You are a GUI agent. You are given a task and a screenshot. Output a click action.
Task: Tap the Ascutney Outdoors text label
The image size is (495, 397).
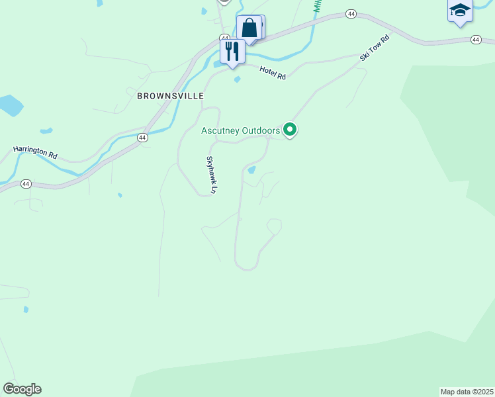[x=241, y=131]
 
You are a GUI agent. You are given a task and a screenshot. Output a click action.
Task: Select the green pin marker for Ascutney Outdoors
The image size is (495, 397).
[x=289, y=129]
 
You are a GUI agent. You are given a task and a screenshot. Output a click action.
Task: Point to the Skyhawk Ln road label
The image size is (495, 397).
[x=211, y=175]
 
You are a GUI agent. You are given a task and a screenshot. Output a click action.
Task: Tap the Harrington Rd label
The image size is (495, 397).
[x=34, y=152]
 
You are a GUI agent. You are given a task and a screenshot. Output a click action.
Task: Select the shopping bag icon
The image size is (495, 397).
[x=249, y=28]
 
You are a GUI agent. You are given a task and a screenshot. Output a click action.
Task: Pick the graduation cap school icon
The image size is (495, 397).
[x=459, y=11]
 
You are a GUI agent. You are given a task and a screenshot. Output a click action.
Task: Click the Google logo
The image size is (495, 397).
[x=22, y=389]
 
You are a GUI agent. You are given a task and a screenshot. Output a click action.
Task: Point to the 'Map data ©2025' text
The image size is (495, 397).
[x=467, y=392]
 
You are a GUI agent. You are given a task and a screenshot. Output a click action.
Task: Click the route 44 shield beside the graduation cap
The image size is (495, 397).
[x=476, y=40]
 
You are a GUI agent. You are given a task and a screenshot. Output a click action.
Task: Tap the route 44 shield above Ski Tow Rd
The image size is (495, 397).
[x=351, y=14]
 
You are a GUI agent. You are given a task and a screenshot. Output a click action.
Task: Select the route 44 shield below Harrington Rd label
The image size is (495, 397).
[x=26, y=183]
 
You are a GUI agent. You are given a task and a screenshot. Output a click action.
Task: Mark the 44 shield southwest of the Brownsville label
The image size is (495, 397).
[x=142, y=137]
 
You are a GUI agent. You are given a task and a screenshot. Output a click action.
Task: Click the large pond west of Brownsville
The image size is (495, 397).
[x=9, y=105]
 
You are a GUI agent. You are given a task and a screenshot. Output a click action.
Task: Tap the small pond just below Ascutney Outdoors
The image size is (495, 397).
[x=251, y=170]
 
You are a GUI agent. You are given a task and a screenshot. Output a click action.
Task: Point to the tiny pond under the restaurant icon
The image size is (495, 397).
[x=237, y=81]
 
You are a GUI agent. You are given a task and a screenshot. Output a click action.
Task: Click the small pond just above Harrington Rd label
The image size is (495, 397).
[x=46, y=130]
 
